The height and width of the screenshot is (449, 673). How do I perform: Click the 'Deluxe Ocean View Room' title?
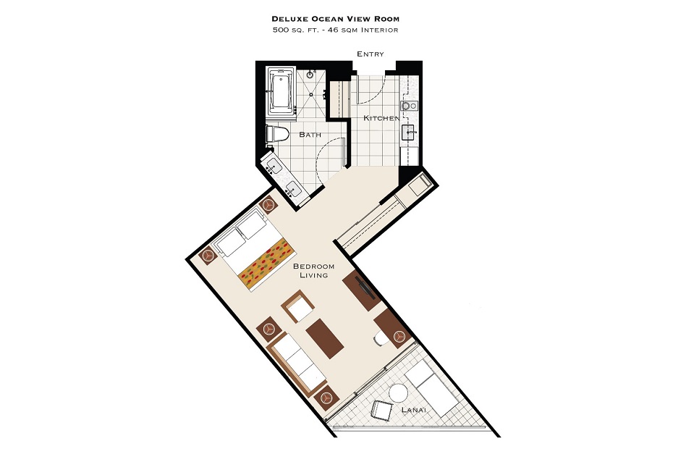pyautogui.click(x=335, y=19)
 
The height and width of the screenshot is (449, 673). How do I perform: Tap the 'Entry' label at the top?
pyautogui.click(x=371, y=54)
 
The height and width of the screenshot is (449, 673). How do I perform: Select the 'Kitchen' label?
pyautogui.click(x=381, y=118)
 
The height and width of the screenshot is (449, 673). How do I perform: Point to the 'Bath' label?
pyautogui.click(x=310, y=135)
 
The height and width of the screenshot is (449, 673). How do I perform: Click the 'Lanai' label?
pyautogui.click(x=414, y=410)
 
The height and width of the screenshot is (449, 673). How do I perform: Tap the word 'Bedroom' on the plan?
pyautogui.click(x=314, y=267)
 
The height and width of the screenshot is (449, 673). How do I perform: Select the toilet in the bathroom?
pyautogui.click(x=277, y=134)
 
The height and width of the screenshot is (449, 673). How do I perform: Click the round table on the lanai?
pyautogui.click(x=398, y=393)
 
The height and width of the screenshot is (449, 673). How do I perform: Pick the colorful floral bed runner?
pyautogui.click(x=266, y=264)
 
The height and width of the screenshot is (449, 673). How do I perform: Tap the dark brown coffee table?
pyautogui.click(x=325, y=339)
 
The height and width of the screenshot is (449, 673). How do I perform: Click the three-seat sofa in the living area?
pyautogui.click(x=296, y=364)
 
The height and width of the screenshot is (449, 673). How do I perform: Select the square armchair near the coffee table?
pyautogui.click(x=298, y=306)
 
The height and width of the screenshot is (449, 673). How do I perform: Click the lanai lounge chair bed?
pyautogui.click(x=432, y=389)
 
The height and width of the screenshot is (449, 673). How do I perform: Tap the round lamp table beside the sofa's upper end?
pyautogui.click(x=269, y=329)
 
